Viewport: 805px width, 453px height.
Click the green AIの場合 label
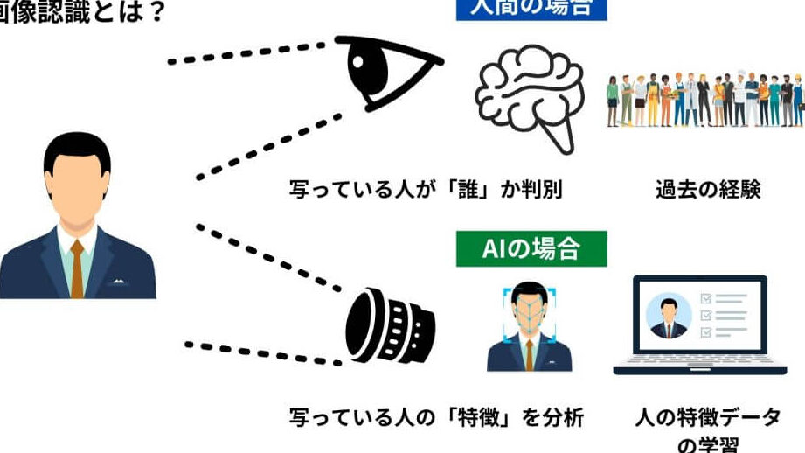point(531,248)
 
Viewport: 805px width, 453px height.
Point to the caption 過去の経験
point(708,189)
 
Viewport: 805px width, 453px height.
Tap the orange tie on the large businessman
point(77,266)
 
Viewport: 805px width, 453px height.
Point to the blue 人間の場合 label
point(531,8)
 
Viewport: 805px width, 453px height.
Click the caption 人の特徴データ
point(707,417)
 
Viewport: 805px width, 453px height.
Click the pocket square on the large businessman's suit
point(116,282)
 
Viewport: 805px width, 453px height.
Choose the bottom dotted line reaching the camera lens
point(262,352)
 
